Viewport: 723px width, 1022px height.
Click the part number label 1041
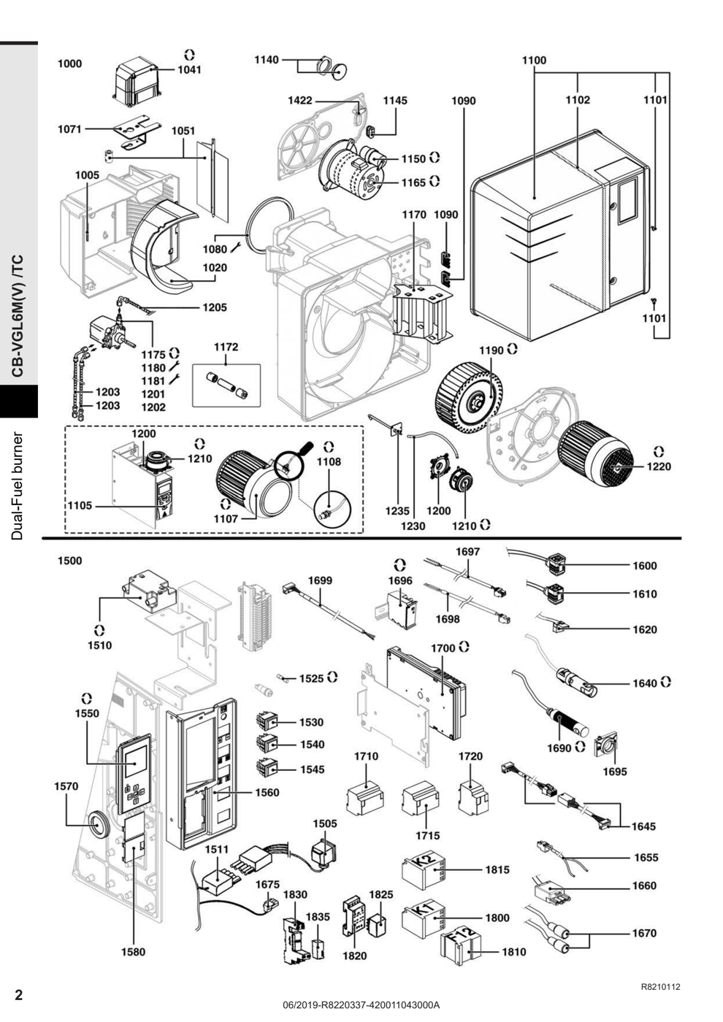point(189,70)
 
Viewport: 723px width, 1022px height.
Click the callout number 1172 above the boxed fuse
point(226,347)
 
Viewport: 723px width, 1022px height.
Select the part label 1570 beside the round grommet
point(66,786)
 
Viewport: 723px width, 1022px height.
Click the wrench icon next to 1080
point(236,247)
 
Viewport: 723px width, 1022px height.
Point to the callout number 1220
point(659,466)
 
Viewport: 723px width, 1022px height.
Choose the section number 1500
point(70,561)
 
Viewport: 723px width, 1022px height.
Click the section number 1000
point(70,64)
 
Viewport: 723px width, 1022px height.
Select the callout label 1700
point(443,648)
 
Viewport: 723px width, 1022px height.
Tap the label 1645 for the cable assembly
point(643,826)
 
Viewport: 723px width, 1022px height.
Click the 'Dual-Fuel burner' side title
point(18,485)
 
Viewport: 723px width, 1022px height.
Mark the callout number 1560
point(267,793)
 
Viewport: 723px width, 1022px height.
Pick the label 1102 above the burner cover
point(578,100)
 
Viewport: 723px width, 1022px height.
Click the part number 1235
point(397,512)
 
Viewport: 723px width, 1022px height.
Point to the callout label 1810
point(514,952)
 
